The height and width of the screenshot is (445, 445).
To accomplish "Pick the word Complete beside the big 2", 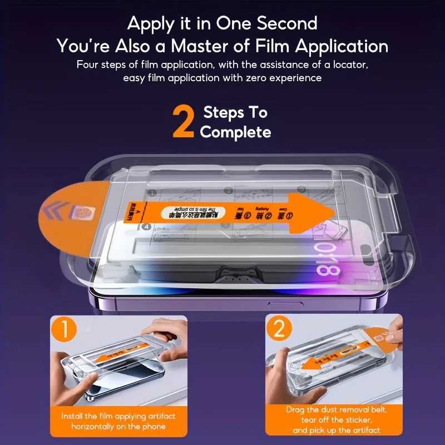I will (x=235, y=132).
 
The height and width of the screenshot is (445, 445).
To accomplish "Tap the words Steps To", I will (x=235, y=113).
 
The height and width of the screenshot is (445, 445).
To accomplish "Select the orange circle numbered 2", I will (x=279, y=330).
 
